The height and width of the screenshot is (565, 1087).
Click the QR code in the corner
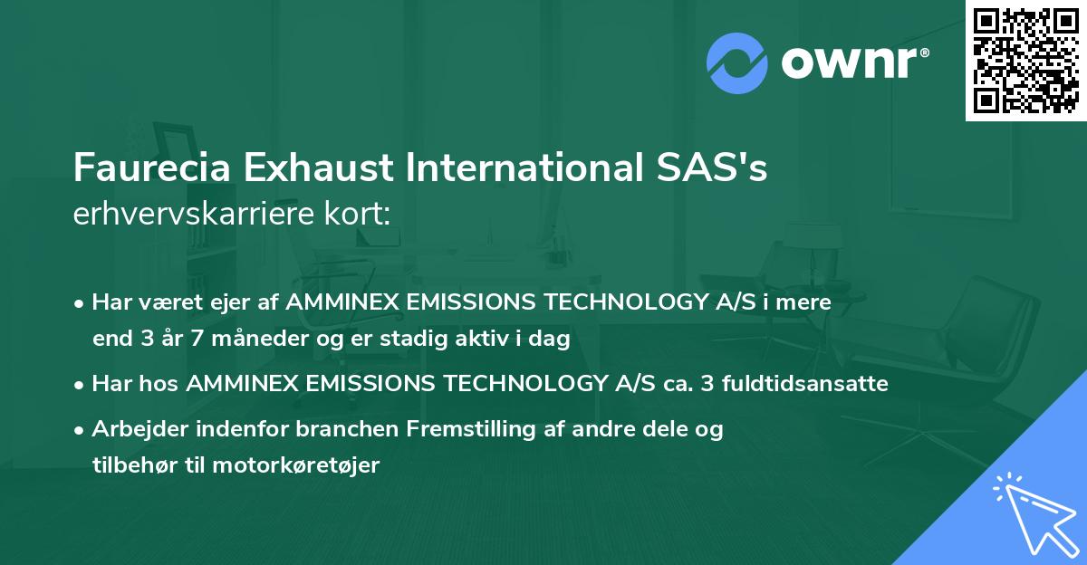coord(1025,61)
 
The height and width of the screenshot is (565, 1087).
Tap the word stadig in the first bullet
coord(456,340)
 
